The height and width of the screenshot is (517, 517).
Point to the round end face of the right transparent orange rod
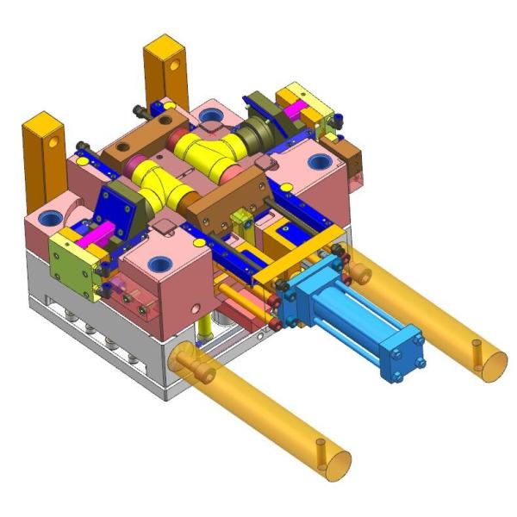pyautogui.click(x=487, y=360)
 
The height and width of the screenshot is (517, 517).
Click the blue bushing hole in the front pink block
pyautogui.click(x=160, y=263)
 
